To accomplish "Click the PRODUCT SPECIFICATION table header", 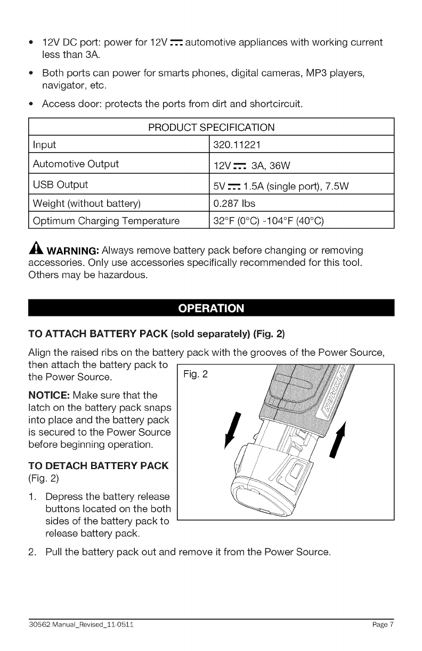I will coord(211,128).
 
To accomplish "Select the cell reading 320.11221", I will coord(236,145).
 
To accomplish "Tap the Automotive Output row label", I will coord(76,163).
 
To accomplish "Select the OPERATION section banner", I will coord(211,308).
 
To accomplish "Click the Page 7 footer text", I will coord(383,624).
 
